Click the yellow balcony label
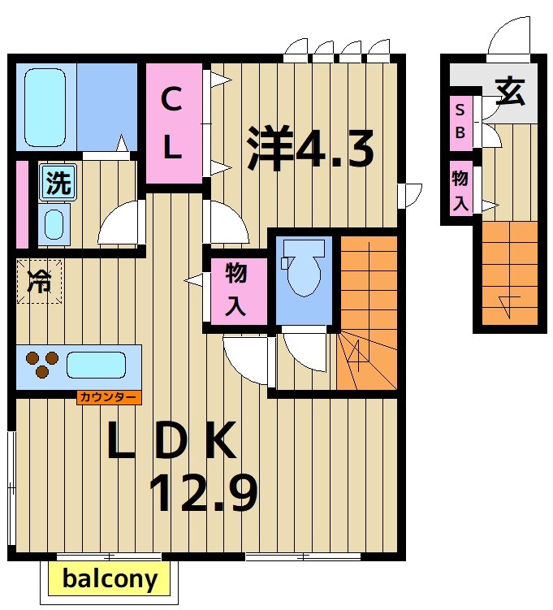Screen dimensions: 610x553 pos(110,579)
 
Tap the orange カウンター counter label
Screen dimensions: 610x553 pos(109,398)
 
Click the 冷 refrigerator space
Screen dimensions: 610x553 pos(38,281)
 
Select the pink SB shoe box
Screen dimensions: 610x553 pos(460,122)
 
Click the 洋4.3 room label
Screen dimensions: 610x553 pos(310,148)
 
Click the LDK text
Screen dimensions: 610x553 pos(172,441)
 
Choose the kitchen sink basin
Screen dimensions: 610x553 pos(96,366)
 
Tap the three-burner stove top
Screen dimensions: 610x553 pos(42,366)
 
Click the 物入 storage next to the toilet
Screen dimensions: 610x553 pos(236,288)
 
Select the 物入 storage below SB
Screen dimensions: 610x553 pos(460,191)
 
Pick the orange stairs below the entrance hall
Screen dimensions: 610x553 pos(509,272)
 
